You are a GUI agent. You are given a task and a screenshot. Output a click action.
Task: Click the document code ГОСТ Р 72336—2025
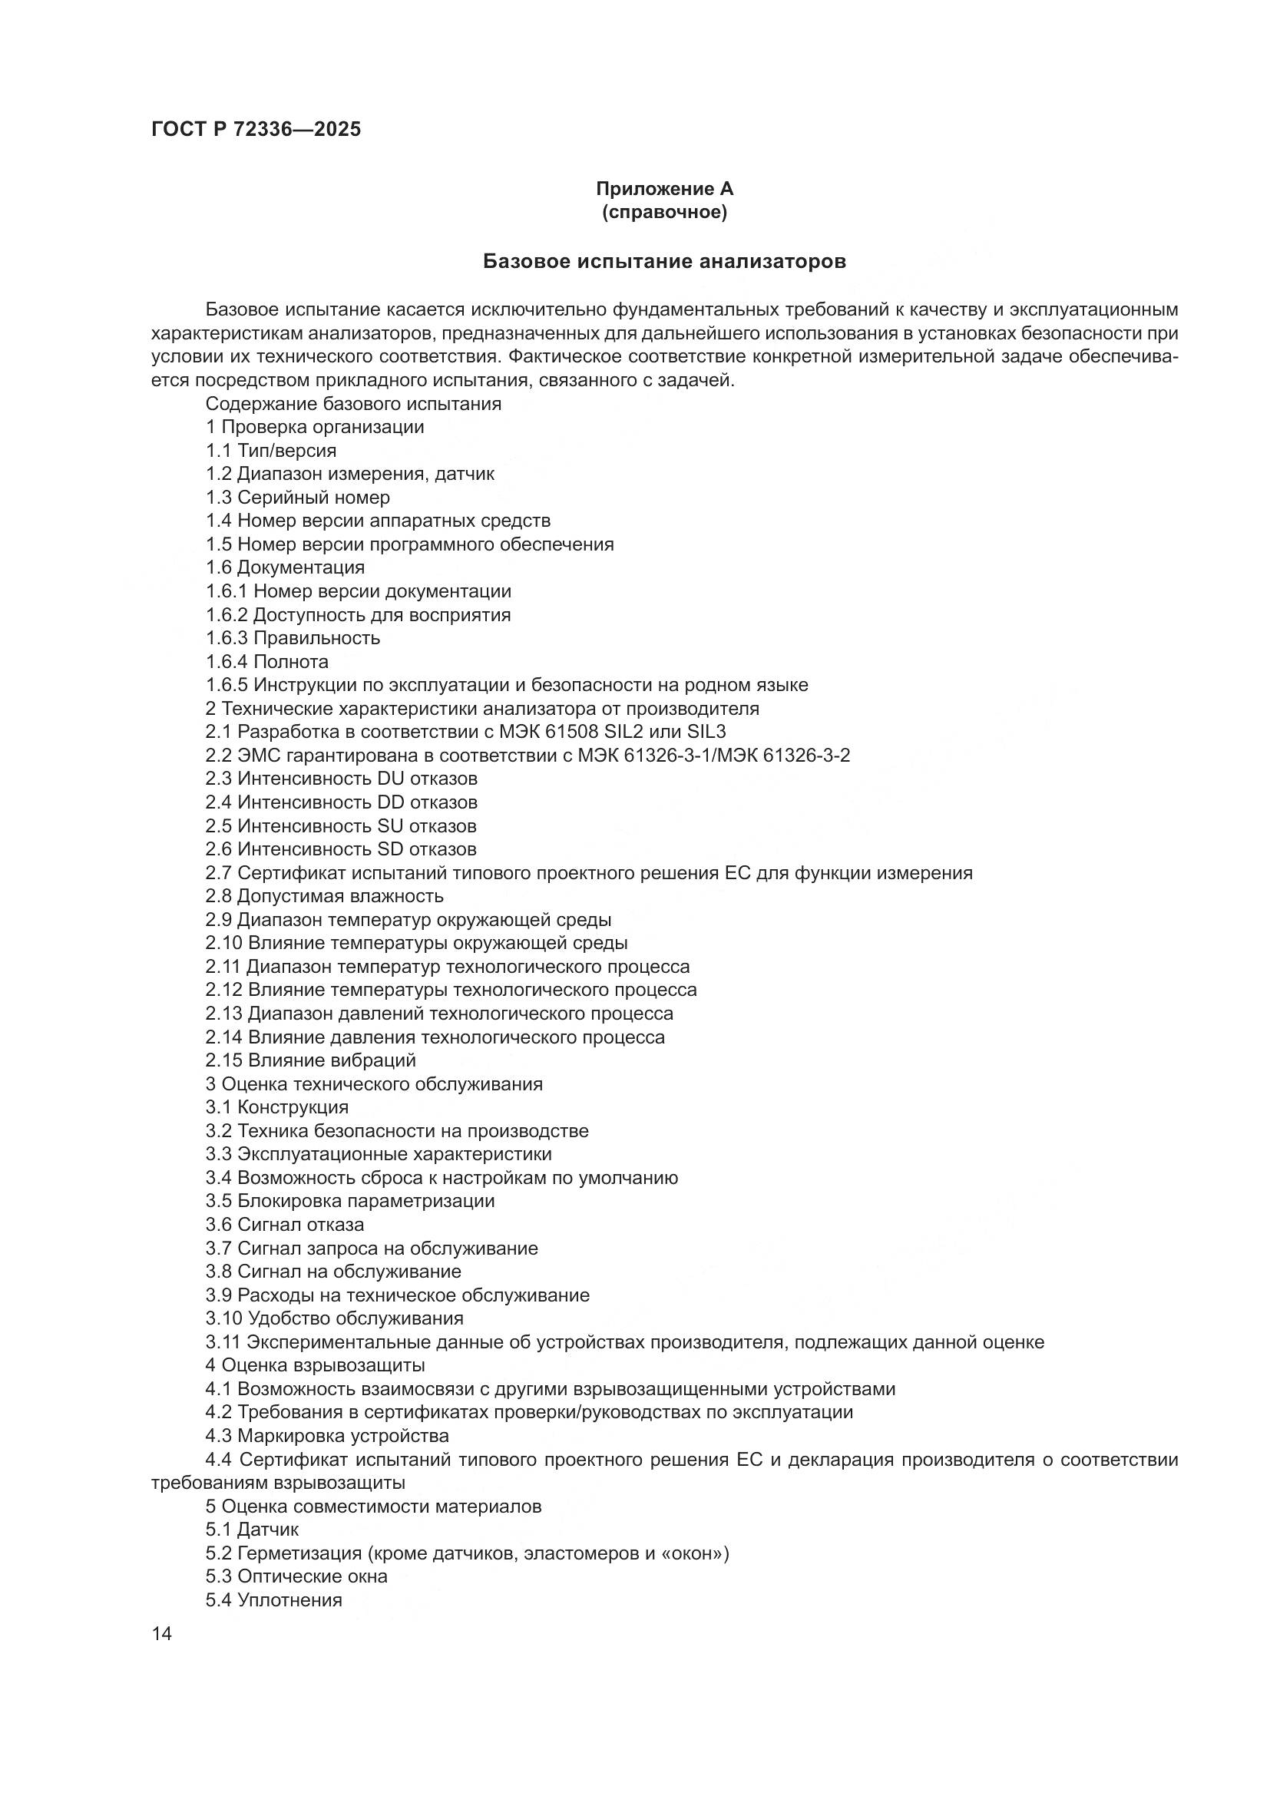[x=256, y=130]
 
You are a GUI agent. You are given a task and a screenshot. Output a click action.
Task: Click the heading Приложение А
[x=664, y=189]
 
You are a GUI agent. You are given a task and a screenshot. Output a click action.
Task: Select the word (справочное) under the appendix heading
[x=664, y=212]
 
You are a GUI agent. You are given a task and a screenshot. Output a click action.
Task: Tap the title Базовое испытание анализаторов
[x=664, y=261]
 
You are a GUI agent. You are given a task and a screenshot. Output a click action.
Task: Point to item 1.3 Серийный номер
[x=297, y=498]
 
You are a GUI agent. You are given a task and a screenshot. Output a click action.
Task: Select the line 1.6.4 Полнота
[x=266, y=662]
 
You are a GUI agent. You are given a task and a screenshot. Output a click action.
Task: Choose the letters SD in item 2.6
[x=390, y=849]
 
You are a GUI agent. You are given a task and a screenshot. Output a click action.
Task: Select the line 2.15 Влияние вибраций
[x=310, y=1060]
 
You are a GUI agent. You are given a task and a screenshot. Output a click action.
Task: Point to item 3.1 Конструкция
[x=277, y=1108]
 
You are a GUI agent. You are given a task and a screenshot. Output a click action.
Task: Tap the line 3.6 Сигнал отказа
[x=285, y=1225]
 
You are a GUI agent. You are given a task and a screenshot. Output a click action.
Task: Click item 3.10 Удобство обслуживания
[x=334, y=1319]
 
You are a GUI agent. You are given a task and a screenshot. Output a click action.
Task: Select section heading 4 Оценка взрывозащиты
[x=315, y=1366]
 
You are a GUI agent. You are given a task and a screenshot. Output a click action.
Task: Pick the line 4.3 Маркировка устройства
[x=327, y=1436]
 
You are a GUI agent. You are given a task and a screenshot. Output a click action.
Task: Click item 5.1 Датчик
[x=252, y=1530]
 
